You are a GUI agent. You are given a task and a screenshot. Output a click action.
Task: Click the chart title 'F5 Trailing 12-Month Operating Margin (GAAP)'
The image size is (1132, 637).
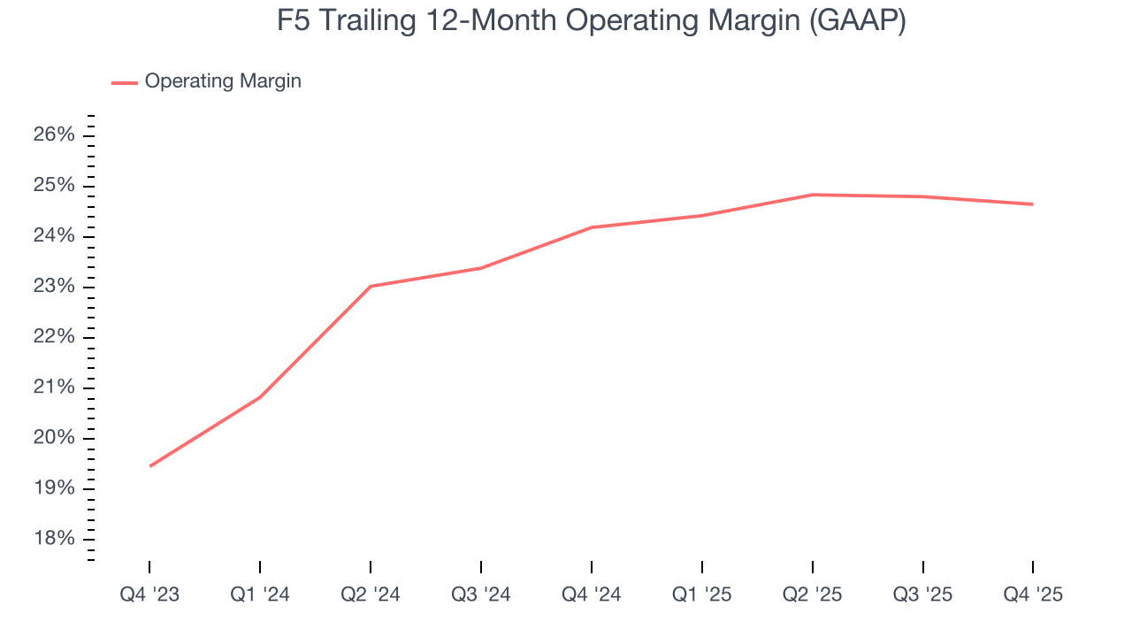591,21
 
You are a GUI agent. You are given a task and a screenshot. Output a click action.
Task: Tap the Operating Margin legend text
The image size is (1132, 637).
223,81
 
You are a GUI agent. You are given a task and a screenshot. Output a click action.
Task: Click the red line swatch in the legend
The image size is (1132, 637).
124,82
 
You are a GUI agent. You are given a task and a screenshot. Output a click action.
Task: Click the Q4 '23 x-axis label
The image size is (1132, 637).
149,595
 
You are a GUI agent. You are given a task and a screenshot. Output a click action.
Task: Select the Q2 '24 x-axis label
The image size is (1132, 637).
371,595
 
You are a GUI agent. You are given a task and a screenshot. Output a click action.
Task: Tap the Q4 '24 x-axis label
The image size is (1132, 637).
591,595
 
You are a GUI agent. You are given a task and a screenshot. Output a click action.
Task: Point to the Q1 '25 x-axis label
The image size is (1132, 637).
701,595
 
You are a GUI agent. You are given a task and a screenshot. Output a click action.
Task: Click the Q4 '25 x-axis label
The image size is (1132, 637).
1033,595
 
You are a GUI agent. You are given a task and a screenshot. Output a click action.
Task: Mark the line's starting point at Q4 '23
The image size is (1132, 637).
149,466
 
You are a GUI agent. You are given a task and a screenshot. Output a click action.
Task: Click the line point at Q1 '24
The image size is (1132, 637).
260,397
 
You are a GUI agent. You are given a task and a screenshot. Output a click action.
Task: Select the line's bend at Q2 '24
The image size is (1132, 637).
371,286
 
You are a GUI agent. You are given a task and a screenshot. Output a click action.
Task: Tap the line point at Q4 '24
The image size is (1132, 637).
591,227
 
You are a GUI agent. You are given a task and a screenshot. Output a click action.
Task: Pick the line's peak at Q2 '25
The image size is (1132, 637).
812,195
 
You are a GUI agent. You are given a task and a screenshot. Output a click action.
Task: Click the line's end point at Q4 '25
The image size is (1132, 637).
1033,204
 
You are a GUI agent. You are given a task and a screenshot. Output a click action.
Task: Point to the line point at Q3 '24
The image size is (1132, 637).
480,267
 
